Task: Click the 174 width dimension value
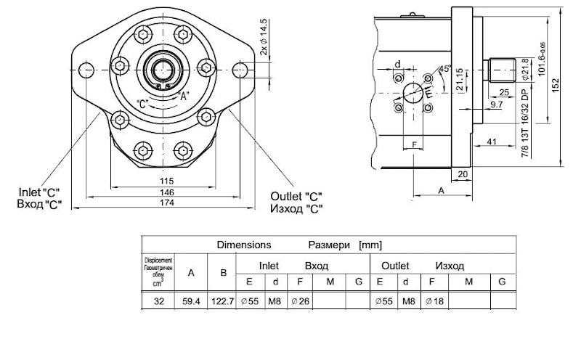click(x=168, y=202)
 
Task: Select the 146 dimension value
click(x=168, y=192)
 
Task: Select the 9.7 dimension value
click(x=497, y=105)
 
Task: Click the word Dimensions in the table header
click(x=243, y=245)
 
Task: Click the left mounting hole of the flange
click(x=86, y=70)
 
